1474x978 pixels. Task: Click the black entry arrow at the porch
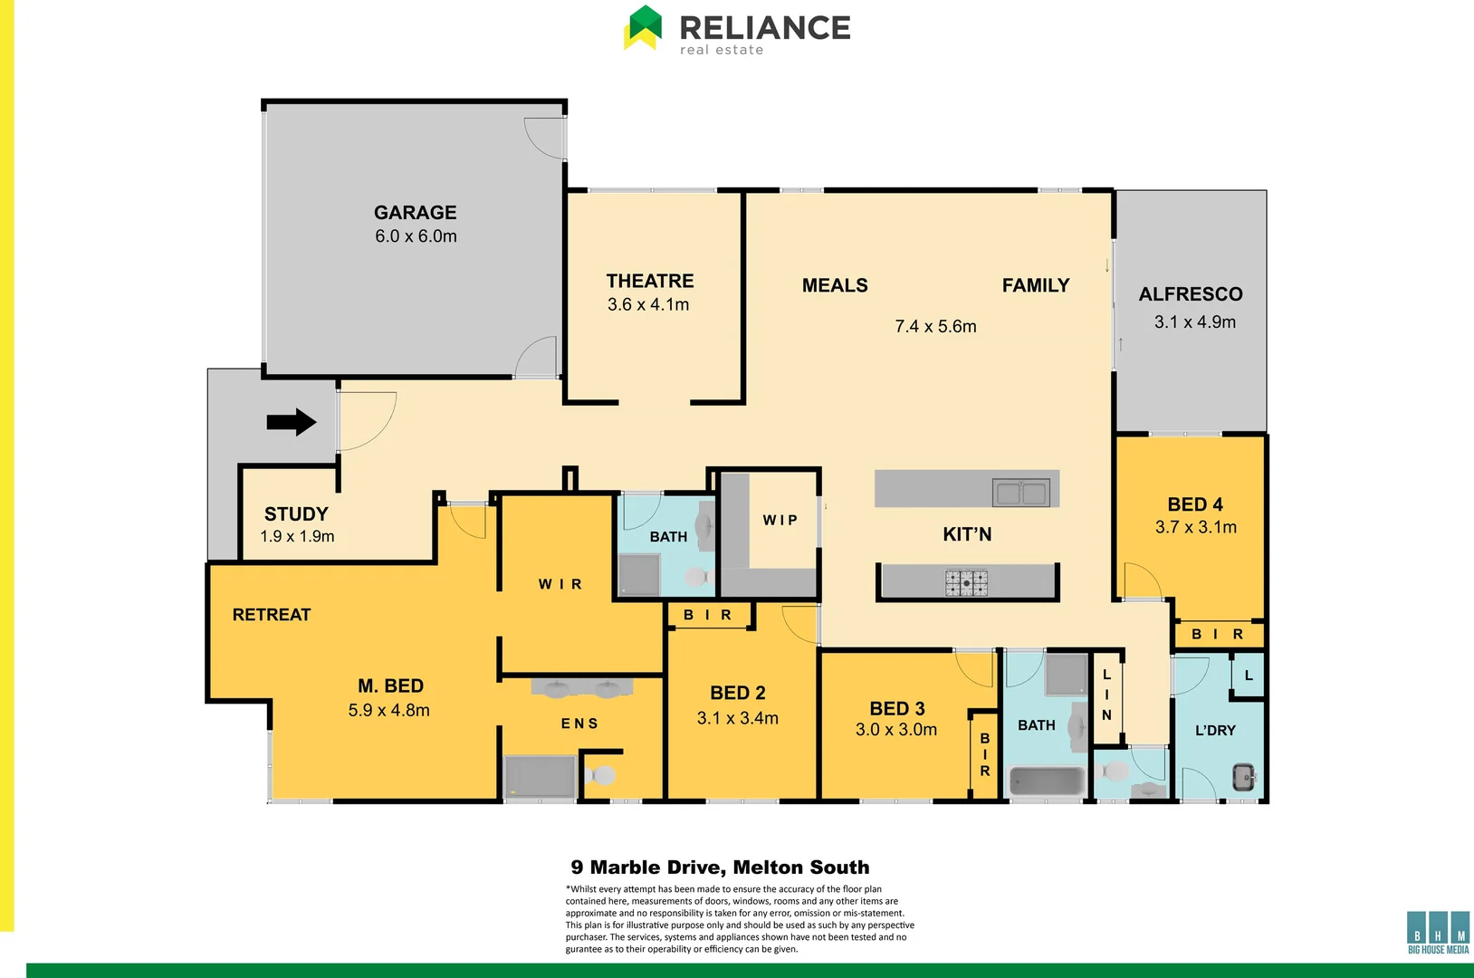coord(291,422)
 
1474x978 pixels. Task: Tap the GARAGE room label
coord(415,213)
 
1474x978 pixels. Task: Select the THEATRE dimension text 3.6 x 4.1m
coord(648,305)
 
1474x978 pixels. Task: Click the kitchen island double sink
coord(1021,494)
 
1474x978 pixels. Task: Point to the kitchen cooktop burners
coord(966,582)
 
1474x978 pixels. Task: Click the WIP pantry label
coord(780,520)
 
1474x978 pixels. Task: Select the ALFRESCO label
coord(1190,294)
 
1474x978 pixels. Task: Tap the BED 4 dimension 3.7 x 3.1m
coord(1195,527)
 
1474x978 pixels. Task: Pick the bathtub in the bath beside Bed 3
coord(1047,781)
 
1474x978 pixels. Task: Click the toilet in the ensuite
coord(600,775)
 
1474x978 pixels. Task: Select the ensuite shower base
coord(540,777)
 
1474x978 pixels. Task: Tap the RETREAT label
coord(271,615)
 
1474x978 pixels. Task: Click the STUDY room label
coord(296,513)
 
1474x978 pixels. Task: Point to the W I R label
coord(560,585)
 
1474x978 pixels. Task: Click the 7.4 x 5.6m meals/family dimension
coord(935,327)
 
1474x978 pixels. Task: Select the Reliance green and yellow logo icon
coord(643,28)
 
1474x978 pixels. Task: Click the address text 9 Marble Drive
coord(720,868)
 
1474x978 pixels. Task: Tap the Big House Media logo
coord(1438,932)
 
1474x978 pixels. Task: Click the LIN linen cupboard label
coord(1106,695)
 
